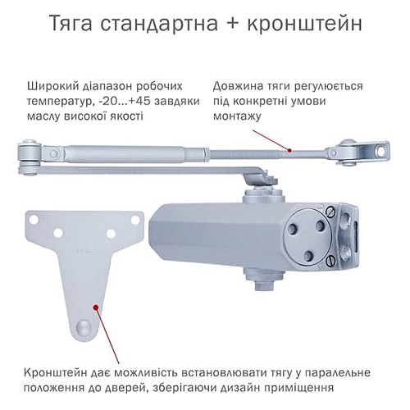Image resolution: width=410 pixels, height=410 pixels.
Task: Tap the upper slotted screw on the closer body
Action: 330,212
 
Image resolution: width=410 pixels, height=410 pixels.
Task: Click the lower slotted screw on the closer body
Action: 329,261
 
